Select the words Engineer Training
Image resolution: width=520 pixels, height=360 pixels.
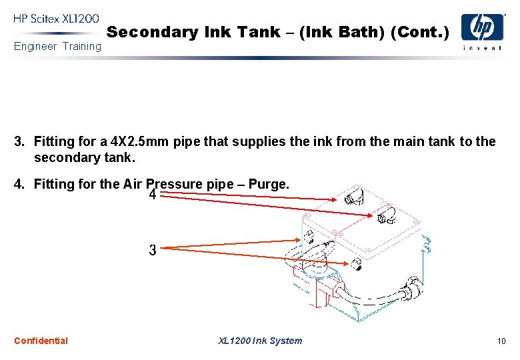[57, 46]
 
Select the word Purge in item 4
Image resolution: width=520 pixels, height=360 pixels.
[269, 183]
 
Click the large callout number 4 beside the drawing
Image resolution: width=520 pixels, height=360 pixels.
[153, 195]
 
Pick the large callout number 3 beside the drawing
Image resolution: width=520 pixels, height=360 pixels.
[153, 251]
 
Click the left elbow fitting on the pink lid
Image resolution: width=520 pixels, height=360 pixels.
[353, 196]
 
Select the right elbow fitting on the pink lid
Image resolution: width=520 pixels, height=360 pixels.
[385, 216]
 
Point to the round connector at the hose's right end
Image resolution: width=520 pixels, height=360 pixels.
[415, 294]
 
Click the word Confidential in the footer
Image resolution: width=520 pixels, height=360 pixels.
[41, 341]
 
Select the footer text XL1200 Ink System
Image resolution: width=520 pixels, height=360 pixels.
[260, 341]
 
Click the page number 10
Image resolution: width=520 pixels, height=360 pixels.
[501, 341]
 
